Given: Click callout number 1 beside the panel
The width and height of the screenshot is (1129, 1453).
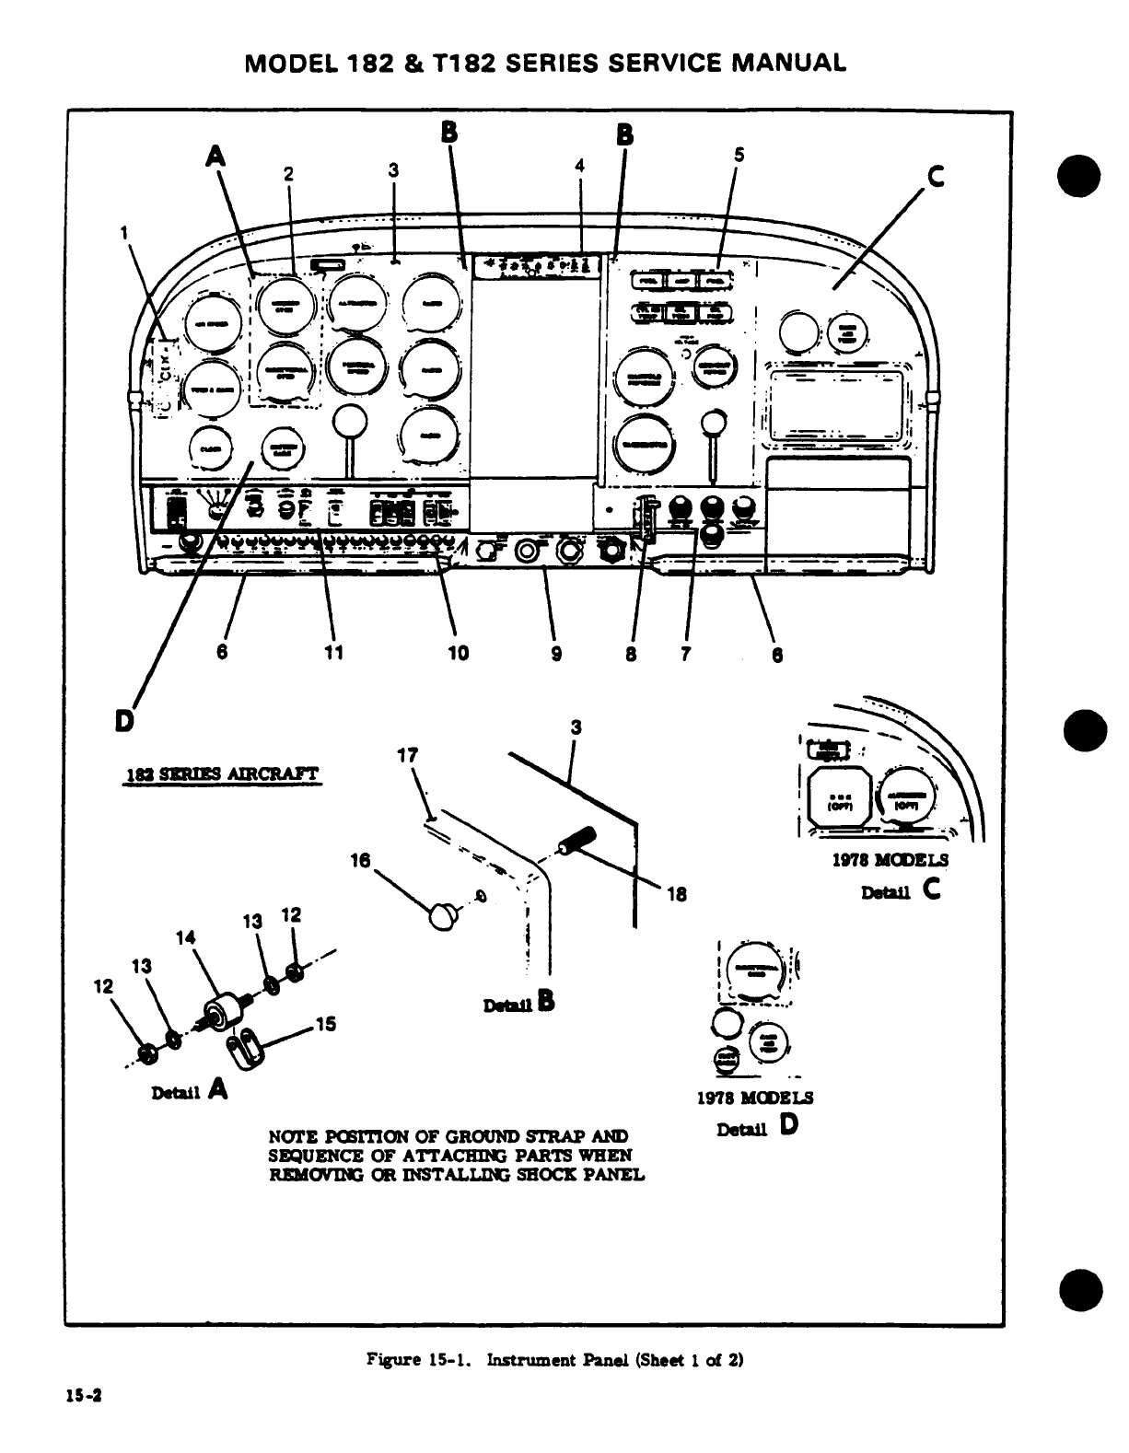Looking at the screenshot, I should pos(123,232).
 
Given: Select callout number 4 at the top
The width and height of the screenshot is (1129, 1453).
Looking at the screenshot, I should pos(579,165).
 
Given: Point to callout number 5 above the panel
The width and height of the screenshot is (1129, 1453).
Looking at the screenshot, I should pos(738,156).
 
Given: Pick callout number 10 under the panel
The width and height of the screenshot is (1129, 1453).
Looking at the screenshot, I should pos(458,653).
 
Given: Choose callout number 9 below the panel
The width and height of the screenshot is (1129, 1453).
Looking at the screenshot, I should pos(556,653).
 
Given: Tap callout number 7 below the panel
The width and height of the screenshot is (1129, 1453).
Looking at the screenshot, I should pos(686,653).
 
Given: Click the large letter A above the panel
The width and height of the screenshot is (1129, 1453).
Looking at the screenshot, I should pos(215,157).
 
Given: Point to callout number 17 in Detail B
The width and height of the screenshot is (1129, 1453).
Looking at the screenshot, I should pos(407,755).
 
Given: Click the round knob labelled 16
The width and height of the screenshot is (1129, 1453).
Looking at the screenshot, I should pos(444,915).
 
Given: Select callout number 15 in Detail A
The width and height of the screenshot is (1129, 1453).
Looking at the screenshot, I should pos(326,1023).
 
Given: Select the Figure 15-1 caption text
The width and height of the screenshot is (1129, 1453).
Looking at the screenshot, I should pos(554,1359).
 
